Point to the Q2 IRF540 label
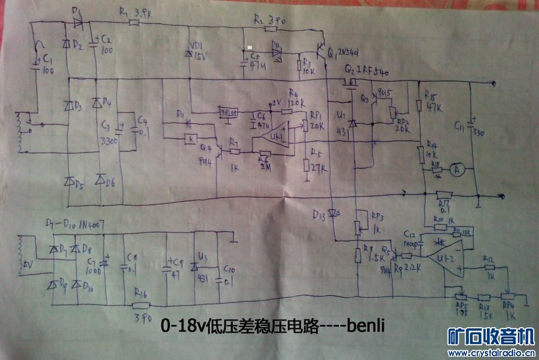[366, 72]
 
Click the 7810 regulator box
[228, 113]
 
